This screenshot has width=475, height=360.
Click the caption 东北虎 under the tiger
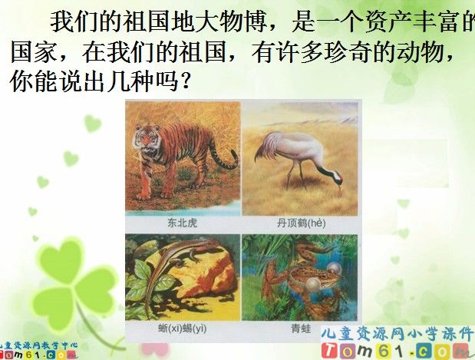click(x=183, y=223)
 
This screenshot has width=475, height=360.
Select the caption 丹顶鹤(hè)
click(x=300, y=223)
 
